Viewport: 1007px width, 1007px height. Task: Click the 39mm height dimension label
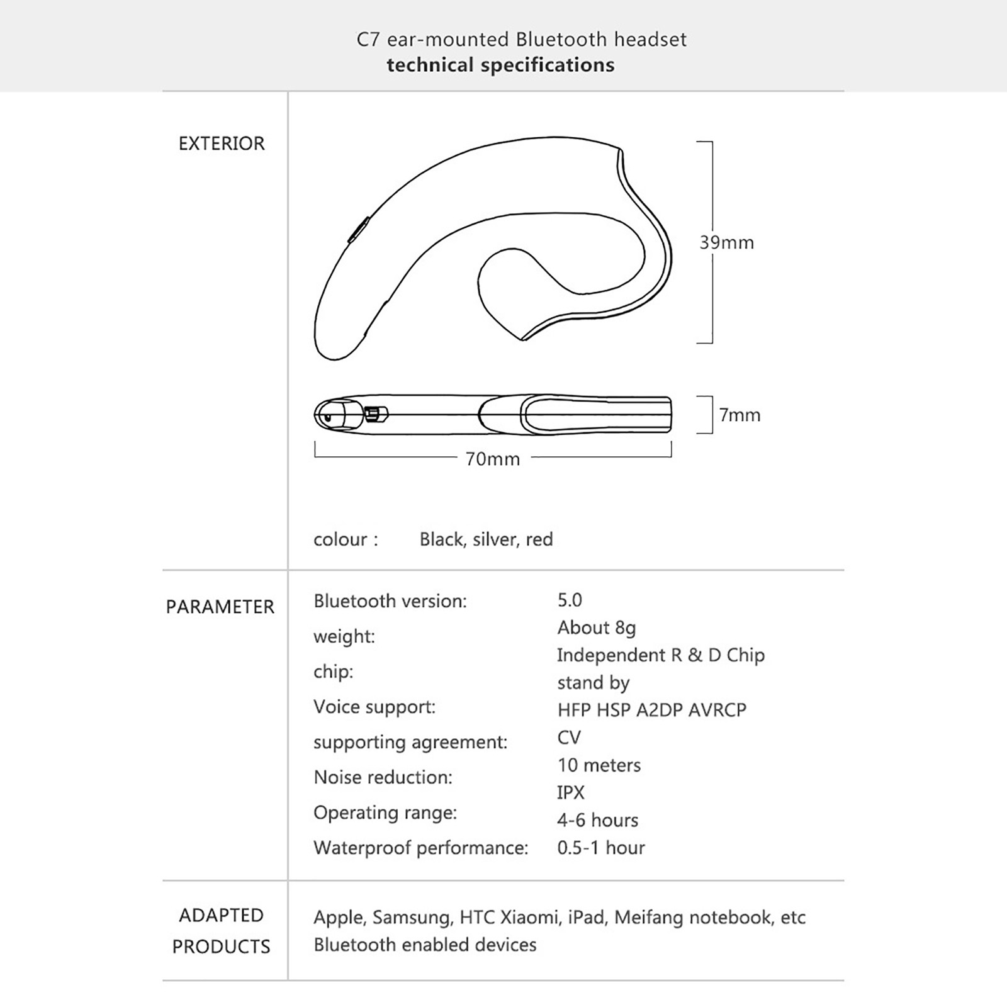click(726, 243)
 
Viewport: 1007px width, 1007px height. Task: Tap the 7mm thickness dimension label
click(740, 415)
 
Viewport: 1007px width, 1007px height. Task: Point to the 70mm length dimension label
click(493, 459)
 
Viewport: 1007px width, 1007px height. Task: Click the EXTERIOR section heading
click(222, 143)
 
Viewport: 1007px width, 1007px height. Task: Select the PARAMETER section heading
click(220, 607)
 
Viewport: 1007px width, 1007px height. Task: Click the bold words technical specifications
click(500, 65)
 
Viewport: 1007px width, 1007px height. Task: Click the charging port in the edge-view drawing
click(373, 414)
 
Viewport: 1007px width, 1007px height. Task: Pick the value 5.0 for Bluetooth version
click(570, 600)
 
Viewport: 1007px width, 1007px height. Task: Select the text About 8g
click(597, 627)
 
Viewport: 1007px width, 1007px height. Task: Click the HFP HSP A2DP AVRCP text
click(651, 710)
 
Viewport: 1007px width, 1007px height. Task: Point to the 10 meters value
click(599, 765)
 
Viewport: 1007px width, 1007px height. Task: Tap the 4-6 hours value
click(597, 820)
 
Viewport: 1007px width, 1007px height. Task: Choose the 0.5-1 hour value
click(601, 848)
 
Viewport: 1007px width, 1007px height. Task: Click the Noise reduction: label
click(383, 777)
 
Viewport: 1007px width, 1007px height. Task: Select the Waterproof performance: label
click(420, 848)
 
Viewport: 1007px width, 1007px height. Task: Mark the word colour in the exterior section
click(340, 539)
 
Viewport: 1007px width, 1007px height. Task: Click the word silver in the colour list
click(495, 539)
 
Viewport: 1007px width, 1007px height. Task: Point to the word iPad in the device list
click(586, 918)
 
